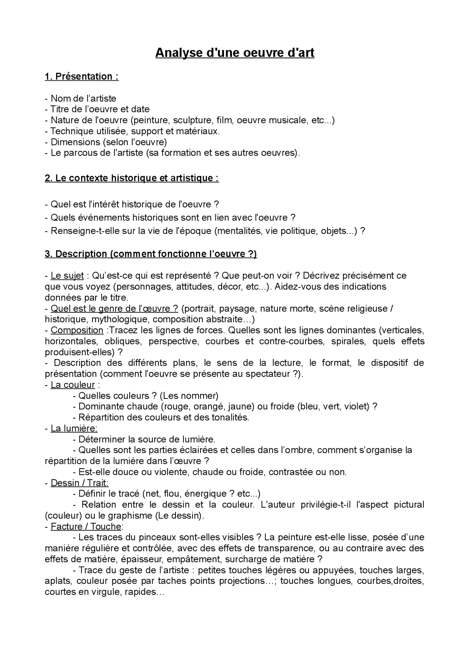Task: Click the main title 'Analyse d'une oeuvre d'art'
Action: pyautogui.click(x=235, y=53)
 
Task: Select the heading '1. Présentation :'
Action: pyautogui.click(x=82, y=76)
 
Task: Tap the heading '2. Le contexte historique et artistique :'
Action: pyautogui.click(x=131, y=178)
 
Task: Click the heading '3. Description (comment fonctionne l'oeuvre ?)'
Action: pyautogui.click(x=151, y=254)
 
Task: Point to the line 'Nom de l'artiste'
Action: pyautogui.click(x=83, y=98)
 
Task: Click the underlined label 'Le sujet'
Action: pyautogui.click(x=67, y=275)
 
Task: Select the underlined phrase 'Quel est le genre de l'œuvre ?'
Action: pyautogui.click(x=114, y=308)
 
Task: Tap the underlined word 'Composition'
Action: pyautogui.click(x=77, y=330)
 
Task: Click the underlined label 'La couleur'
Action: pyautogui.click(x=73, y=385)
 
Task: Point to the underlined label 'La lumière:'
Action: pyautogui.click(x=74, y=428)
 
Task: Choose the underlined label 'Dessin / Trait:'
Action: pyautogui.click(x=79, y=483)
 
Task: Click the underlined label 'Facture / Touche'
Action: pyautogui.click(x=86, y=527)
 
